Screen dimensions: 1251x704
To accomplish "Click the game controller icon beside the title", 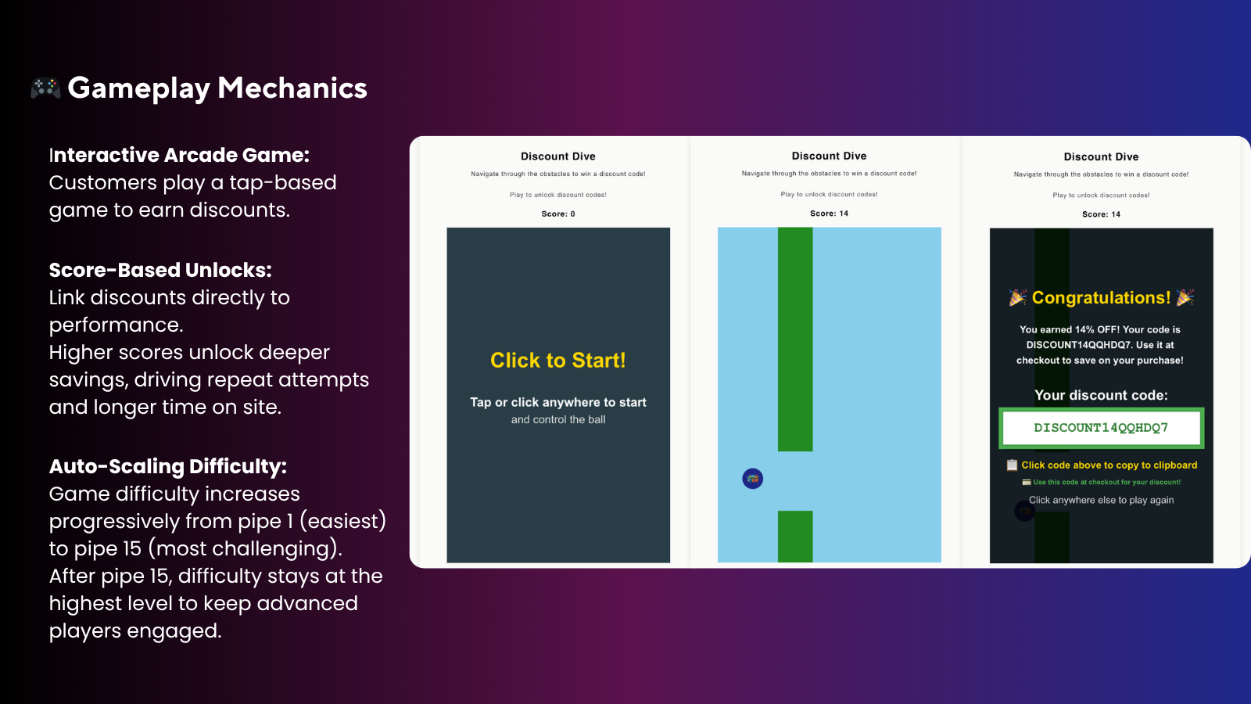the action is [x=45, y=88].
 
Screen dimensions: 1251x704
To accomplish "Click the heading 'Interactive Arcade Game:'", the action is [x=179, y=155].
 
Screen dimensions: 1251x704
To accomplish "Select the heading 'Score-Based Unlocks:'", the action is [x=160, y=270].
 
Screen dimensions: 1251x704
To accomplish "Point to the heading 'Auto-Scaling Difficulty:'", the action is [x=167, y=466].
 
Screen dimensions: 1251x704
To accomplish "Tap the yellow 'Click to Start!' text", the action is [x=558, y=361].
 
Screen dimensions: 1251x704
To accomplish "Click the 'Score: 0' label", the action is [x=558, y=214].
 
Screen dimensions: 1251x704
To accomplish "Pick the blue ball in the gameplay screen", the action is [x=752, y=479].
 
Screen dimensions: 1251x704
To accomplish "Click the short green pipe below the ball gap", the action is [x=795, y=537].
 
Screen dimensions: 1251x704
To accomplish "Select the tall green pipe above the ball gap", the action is [x=795, y=339].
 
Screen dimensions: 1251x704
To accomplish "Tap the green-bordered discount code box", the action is [x=1102, y=428].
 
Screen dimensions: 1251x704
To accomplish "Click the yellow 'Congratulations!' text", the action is [x=1101, y=298].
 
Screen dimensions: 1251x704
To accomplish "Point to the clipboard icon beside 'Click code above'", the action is [x=1012, y=465].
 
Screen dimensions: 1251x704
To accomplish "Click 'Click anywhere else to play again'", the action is [x=1102, y=500].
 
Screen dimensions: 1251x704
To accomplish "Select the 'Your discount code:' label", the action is [x=1102, y=395].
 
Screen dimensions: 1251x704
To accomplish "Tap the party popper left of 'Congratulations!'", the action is [x=1017, y=297].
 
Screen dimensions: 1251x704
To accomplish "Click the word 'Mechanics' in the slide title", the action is [x=292, y=88].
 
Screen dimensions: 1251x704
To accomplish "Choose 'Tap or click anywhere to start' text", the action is [x=558, y=402].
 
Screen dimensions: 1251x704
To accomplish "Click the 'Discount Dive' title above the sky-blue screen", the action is [x=829, y=156].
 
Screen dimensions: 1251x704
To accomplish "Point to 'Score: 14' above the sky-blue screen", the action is [x=829, y=214].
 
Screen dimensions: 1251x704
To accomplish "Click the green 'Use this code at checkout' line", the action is [x=1106, y=482].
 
